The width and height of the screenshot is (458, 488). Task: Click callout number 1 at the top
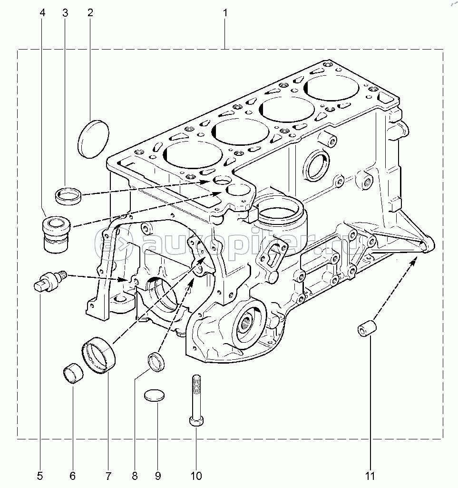point(225,13)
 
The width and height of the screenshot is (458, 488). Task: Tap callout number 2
point(89,13)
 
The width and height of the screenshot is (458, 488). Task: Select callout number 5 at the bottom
point(40,475)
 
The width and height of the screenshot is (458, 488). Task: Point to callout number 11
point(370,475)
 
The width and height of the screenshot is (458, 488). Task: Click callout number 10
point(196,475)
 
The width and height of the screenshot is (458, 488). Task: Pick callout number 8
point(135,475)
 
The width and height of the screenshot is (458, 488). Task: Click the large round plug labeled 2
point(94,139)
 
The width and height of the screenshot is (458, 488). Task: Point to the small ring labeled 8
point(157,361)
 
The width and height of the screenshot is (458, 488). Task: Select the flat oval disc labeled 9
point(155,395)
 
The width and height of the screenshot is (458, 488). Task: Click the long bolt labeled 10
point(196,400)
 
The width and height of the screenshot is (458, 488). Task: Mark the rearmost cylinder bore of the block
point(331,86)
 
